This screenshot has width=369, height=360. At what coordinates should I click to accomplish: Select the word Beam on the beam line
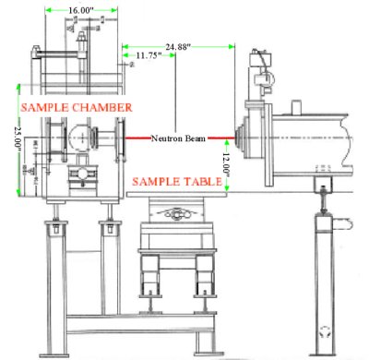tap(195, 139)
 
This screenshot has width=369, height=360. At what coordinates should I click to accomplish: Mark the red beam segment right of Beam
tap(220, 139)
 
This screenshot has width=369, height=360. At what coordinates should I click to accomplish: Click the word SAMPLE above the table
tap(153, 182)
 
